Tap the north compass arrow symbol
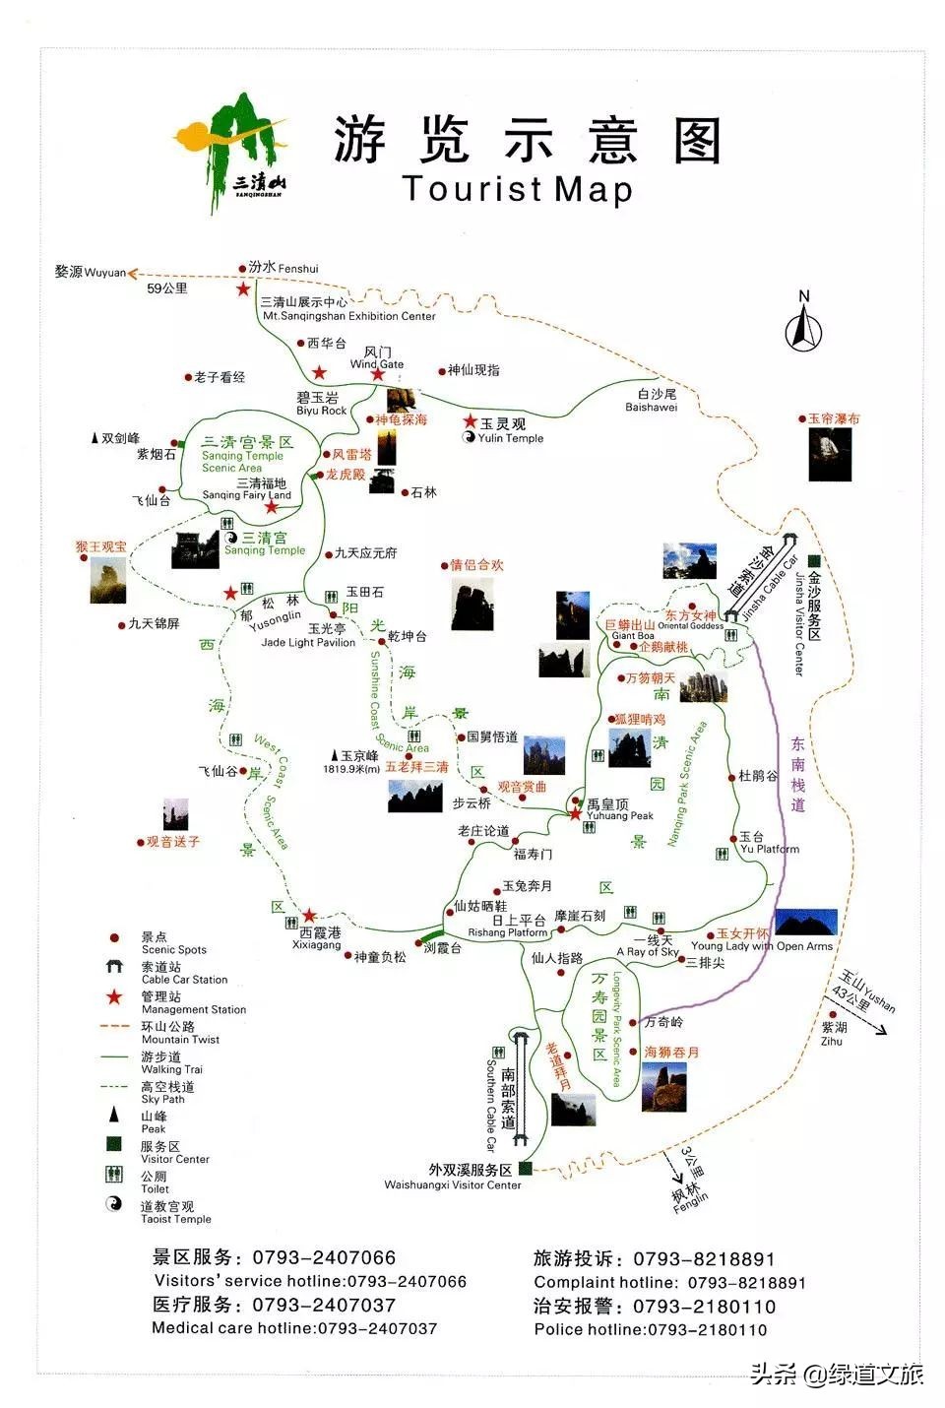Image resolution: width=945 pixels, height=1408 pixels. pyautogui.click(x=803, y=324)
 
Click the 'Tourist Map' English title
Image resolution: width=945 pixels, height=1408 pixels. pyautogui.click(x=517, y=188)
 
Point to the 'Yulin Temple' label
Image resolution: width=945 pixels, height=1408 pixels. pyautogui.click(x=510, y=438)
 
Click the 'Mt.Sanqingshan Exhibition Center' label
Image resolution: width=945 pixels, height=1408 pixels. pyautogui.click(x=348, y=316)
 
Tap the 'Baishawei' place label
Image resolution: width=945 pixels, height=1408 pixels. pyautogui.click(x=651, y=407)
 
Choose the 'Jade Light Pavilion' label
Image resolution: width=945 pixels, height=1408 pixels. pyautogui.click(x=308, y=642)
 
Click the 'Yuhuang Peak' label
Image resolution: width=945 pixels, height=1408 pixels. pyautogui.click(x=620, y=815)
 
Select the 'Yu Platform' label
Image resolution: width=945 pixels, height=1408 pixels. pyautogui.click(x=770, y=849)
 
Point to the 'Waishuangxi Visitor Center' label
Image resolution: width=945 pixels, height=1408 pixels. pyautogui.click(x=453, y=1185)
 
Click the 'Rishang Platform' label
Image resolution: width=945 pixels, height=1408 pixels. pyautogui.click(x=507, y=932)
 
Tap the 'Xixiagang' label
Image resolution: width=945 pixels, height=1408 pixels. pyautogui.click(x=317, y=945)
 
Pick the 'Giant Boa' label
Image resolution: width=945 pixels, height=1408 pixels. pyautogui.click(x=633, y=636)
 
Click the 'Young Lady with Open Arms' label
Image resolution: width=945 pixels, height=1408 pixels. pyautogui.click(x=761, y=946)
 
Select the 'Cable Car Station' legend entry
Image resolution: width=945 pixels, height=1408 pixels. pyautogui.click(x=184, y=980)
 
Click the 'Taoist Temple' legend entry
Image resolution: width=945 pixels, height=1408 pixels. pyautogui.click(x=175, y=1219)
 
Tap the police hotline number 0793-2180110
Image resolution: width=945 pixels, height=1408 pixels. pyautogui.click(x=707, y=1329)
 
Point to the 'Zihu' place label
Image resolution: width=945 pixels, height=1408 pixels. pyautogui.click(x=832, y=1041)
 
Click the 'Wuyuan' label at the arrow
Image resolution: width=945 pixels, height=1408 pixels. pyautogui.click(x=105, y=273)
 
